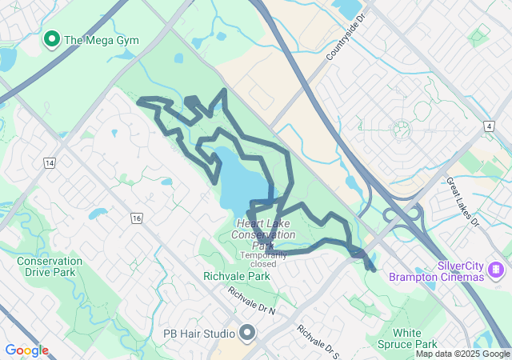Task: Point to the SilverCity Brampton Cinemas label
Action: pos(437,271)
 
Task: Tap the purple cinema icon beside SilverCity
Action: pos(497,268)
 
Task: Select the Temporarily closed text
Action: pos(263,259)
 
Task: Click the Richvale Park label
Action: pos(237,276)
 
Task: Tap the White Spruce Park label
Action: pos(418,338)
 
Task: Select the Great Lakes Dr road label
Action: pos(463,202)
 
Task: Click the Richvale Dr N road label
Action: pos(251,300)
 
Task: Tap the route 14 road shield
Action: pos(50,163)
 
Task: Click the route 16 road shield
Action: pos(137,218)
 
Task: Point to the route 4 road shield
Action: pos(488,126)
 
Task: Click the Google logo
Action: pos(26,350)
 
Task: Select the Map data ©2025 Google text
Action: pos(462,354)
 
